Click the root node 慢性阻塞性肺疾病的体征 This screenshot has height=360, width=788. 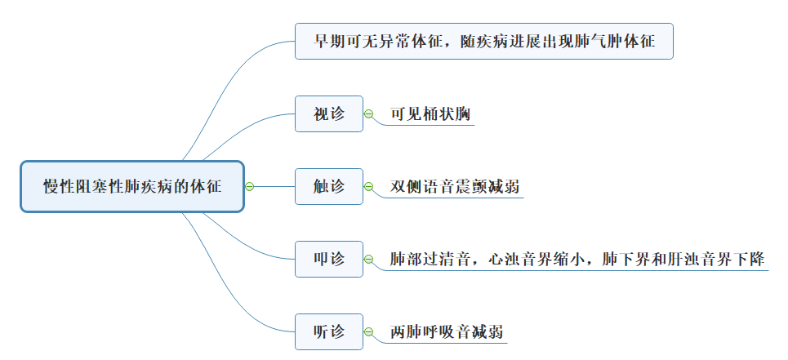(x=132, y=187)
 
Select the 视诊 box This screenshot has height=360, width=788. (x=329, y=114)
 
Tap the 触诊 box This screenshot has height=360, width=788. (x=329, y=187)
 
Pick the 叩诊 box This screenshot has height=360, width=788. (x=329, y=260)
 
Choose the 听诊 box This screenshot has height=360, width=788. (x=329, y=332)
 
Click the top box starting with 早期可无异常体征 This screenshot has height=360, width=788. (x=484, y=41)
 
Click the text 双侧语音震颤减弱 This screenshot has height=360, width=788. (x=455, y=187)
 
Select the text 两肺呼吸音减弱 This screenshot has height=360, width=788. (x=446, y=333)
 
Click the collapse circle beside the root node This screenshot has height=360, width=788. (x=250, y=187)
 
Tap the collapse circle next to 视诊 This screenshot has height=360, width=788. (x=369, y=114)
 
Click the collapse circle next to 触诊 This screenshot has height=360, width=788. (x=369, y=187)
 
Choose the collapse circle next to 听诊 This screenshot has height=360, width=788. (x=369, y=333)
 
